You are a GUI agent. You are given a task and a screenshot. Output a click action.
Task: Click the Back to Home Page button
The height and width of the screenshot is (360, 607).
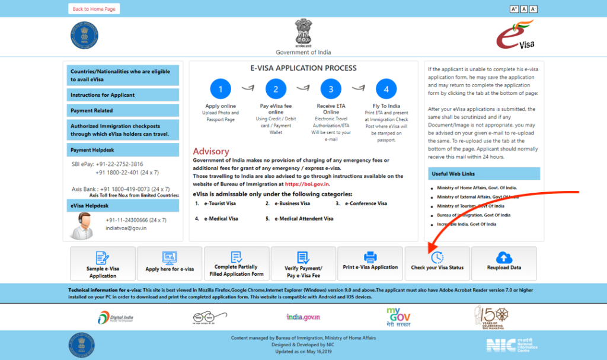pyautogui.click(x=94, y=9)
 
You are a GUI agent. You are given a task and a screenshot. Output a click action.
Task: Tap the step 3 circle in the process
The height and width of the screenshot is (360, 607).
pyautogui.click(x=331, y=90)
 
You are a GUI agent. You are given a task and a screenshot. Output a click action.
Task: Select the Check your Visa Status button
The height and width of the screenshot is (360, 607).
pyautogui.click(x=437, y=263)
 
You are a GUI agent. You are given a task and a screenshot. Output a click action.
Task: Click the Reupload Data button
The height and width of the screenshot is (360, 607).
pyautogui.click(x=504, y=263)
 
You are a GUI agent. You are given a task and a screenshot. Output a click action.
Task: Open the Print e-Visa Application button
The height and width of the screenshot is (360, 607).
pyautogui.click(x=370, y=263)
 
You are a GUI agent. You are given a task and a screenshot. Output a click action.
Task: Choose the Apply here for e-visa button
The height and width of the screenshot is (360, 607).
pyautogui.click(x=170, y=263)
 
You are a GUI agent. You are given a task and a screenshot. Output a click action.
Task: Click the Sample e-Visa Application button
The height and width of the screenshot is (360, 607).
pyautogui.click(x=103, y=263)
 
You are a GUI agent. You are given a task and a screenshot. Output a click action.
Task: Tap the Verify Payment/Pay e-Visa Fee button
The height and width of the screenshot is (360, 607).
pyautogui.click(x=303, y=263)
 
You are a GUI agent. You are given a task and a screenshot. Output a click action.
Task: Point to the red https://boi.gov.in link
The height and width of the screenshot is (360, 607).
pyautogui.click(x=307, y=184)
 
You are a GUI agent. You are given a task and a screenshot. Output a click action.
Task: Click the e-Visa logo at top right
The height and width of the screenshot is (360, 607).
pyautogui.click(x=515, y=35)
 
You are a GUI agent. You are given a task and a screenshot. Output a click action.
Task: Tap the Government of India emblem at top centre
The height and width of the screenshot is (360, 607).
pyautogui.click(x=303, y=33)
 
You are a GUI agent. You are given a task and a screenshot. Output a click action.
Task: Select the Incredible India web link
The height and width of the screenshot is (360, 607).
pyautogui.click(x=467, y=224)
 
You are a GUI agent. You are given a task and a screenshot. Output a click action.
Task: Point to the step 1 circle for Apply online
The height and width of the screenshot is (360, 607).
pyautogui.click(x=221, y=90)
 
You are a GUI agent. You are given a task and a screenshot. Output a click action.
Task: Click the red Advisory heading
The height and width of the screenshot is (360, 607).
pyautogui.click(x=211, y=151)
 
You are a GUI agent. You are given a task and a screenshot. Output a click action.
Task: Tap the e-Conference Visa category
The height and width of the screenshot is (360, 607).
pyautogui.click(x=365, y=203)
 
